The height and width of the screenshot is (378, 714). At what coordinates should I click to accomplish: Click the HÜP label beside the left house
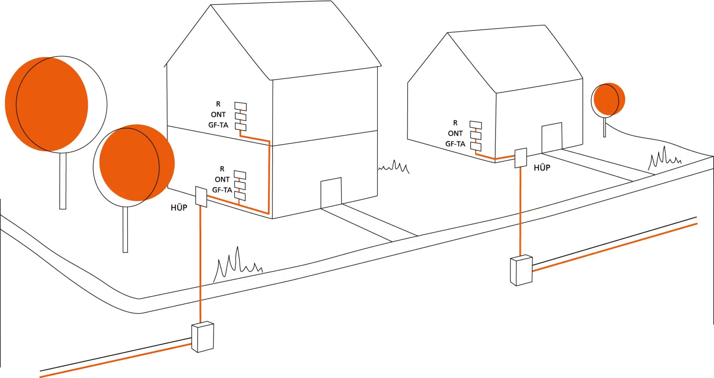click(179, 207)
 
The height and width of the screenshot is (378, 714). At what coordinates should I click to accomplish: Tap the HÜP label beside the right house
click(542, 168)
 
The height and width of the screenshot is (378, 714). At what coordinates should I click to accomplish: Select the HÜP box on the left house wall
click(201, 196)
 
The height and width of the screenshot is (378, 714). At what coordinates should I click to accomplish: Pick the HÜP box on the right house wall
click(521, 158)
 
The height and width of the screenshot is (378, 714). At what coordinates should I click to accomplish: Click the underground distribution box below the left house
click(203, 337)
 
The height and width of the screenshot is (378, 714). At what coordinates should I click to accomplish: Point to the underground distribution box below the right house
click(521, 270)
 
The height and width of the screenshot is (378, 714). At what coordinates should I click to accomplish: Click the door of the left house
click(331, 193)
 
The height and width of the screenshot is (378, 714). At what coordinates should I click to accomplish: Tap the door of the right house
click(552, 138)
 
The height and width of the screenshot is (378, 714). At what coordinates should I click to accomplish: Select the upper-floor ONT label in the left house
click(218, 114)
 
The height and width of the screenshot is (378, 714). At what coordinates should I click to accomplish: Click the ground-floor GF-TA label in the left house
click(222, 190)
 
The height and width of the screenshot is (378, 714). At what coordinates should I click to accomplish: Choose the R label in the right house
click(455, 123)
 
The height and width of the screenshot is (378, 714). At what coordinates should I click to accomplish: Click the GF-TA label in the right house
click(455, 144)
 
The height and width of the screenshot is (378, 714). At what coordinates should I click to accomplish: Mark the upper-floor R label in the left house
click(218, 104)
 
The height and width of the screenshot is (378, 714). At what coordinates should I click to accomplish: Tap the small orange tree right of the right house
click(608, 100)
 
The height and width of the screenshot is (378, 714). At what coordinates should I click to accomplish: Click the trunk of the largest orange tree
click(63, 181)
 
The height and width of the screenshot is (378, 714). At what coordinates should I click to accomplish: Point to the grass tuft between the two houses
click(394, 167)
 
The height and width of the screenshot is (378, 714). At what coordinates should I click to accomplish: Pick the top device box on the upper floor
click(241, 107)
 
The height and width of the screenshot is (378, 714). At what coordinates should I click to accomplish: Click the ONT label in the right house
click(455, 133)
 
